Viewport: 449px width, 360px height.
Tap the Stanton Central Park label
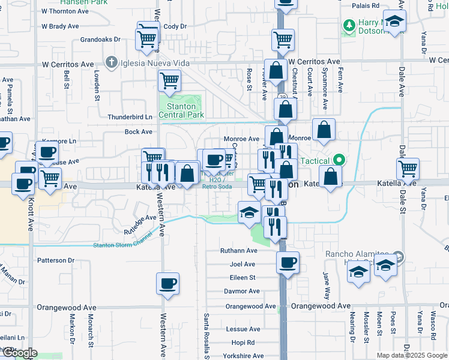(181, 110)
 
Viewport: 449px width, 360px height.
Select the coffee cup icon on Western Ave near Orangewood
(167, 283)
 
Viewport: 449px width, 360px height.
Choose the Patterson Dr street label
(55, 260)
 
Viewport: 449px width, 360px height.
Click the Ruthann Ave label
(238, 251)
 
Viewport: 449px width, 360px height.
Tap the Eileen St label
(243, 278)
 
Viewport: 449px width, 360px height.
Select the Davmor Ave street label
(242, 291)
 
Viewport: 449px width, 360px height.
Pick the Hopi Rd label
(243, 343)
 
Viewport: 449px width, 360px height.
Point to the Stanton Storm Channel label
(124, 244)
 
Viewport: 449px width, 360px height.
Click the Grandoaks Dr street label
(100, 40)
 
